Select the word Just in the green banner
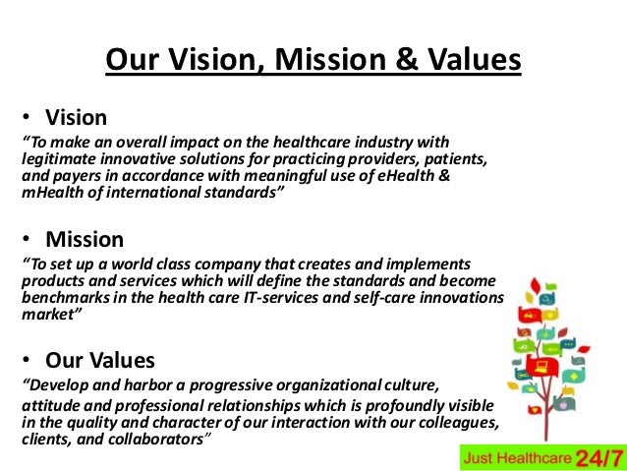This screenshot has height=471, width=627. click(481, 458)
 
